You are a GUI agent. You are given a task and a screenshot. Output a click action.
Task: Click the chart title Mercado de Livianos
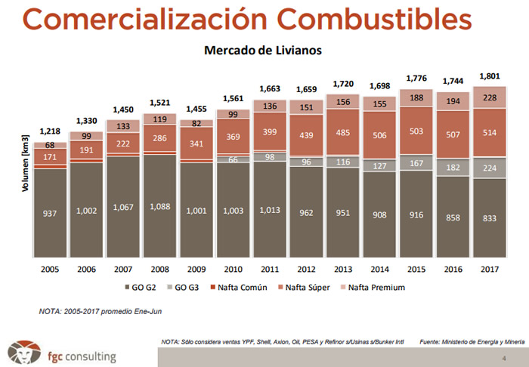click(263, 51)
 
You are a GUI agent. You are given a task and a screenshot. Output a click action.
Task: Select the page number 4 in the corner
click(504, 358)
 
